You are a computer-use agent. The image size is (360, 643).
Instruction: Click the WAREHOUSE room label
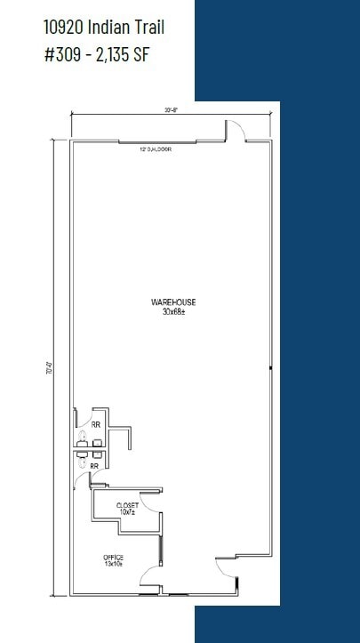point(173,302)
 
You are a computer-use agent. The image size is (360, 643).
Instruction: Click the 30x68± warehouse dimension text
point(173,311)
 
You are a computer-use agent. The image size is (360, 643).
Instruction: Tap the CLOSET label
point(127,505)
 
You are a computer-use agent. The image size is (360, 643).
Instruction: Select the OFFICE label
point(113,558)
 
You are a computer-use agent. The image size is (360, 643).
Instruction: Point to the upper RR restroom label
point(95,425)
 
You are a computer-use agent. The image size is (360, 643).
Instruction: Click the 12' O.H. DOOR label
point(155,149)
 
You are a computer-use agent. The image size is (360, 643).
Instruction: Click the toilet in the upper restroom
point(81,435)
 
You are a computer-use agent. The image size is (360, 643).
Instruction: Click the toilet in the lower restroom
point(81,462)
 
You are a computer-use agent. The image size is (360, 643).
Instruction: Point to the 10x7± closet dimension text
point(127,512)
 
